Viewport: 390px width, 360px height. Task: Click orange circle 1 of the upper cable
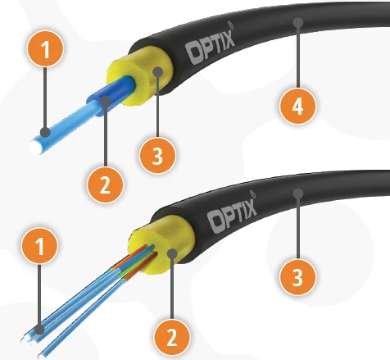45,49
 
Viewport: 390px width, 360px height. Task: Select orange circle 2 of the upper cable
105,185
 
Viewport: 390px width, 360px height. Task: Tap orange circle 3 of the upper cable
157,155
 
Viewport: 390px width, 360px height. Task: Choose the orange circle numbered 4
297,106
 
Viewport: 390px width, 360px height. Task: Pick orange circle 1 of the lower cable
40,245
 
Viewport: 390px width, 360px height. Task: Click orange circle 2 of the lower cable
172,336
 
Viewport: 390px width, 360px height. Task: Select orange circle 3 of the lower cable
297,277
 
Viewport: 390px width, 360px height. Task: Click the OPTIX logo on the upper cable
211,48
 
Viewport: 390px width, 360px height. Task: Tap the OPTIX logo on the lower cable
232,216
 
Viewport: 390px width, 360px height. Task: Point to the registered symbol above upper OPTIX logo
231,25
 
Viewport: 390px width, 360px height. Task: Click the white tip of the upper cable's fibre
36,147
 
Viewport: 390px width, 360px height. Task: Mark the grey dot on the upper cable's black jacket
298,22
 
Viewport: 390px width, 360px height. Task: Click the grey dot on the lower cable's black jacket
298,194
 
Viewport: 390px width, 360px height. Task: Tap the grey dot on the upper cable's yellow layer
158,72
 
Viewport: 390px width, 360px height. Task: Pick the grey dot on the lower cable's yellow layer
172,254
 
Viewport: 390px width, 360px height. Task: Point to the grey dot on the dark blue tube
106,101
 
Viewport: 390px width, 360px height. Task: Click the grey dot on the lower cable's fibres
40,329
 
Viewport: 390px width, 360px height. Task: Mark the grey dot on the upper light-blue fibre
45,133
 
